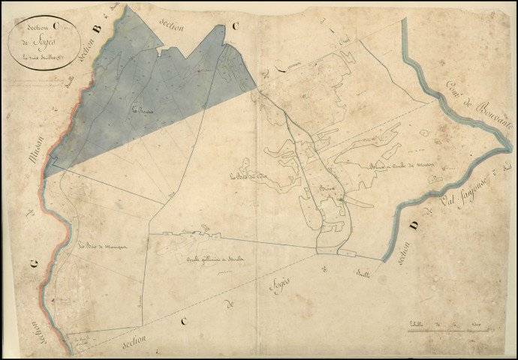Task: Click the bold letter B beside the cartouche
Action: tap(95, 30)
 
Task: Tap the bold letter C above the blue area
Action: tap(235, 28)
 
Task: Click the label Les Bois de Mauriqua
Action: tap(104, 244)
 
